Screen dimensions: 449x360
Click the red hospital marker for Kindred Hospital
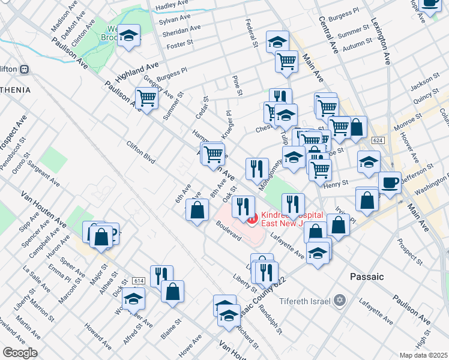252,219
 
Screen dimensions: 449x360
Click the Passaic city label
366,277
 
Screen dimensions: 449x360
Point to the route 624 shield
377,140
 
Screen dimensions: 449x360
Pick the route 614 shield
139,281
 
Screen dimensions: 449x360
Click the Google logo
20,353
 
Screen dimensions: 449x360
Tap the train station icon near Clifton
25,69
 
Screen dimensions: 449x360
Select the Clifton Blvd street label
140,152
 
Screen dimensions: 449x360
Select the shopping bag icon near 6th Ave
197,211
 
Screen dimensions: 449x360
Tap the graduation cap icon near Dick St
134,298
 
